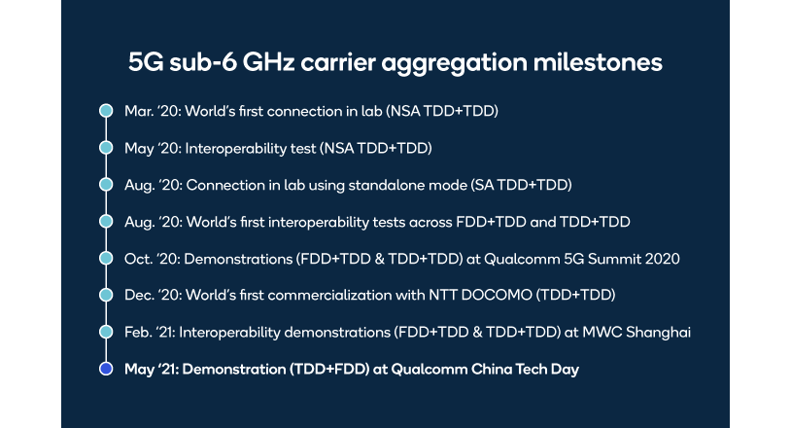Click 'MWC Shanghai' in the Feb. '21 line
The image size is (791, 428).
[642, 333]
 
